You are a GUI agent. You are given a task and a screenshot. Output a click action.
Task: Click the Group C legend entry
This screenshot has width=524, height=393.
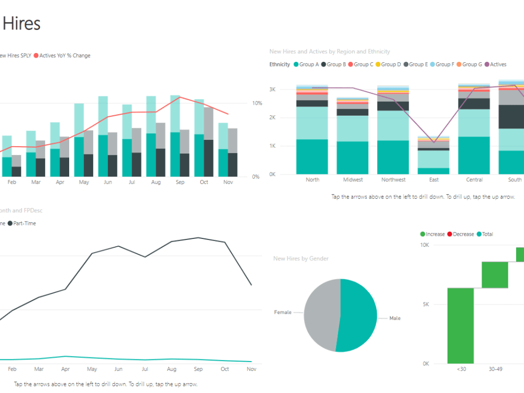[x=361, y=64]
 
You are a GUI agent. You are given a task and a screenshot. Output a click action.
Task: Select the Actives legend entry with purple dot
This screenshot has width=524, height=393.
[x=495, y=64]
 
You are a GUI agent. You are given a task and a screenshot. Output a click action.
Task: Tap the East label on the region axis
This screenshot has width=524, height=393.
[x=434, y=180]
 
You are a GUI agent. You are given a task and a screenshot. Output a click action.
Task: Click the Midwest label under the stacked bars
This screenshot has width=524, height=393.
[x=353, y=180]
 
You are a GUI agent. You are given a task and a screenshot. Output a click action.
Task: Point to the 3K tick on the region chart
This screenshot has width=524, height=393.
[x=272, y=89]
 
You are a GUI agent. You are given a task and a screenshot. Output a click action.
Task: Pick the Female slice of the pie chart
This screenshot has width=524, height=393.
[x=321, y=314]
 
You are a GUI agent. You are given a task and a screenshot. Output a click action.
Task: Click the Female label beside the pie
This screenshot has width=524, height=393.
[x=282, y=312]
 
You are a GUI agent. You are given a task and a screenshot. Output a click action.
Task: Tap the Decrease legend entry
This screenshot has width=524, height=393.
[x=463, y=234]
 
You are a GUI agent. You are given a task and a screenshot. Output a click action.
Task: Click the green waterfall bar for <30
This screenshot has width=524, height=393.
[x=461, y=325]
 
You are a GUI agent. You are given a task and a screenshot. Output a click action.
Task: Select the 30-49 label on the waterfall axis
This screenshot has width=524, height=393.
[x=495, y=369]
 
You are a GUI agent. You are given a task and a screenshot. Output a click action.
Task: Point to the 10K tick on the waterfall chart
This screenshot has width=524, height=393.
[x=424, y=245]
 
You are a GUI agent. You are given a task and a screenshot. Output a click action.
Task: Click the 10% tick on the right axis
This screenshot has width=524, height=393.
[x=257, y=103]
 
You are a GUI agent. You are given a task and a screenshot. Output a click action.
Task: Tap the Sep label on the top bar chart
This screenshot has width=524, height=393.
[x=180, y=182]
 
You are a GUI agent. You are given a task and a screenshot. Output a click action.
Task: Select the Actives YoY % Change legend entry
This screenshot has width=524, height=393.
[x=64, y=56]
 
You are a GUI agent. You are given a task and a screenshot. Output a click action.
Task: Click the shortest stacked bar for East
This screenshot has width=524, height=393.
[x=434, y=155]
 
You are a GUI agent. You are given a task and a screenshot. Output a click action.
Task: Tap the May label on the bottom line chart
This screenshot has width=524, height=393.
[x=92, y=369]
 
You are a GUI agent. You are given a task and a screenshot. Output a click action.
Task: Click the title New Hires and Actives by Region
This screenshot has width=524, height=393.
[x=330, y=51]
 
